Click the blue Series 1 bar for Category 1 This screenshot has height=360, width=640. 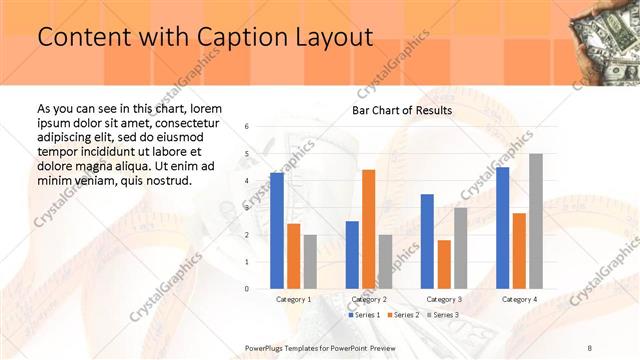click(x=277, y=231)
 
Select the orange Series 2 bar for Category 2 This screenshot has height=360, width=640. click(x=368, y=229)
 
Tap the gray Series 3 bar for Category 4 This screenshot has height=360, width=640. click(x=536, y=221)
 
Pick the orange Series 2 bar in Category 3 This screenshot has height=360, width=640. click(x=444, y=264)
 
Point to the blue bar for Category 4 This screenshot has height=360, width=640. click(x=502, y=228)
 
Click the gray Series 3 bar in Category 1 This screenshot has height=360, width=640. click(x=310, y=262)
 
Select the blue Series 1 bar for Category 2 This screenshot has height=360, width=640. click(x=352, y=255)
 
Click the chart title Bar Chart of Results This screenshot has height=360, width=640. click(x=402, y=110)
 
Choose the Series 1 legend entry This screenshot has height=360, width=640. click(x=364, y=315)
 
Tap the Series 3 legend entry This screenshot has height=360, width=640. click(x=441, y=315)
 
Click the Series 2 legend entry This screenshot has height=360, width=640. click(x=403, y=315)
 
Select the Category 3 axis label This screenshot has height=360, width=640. click(x=444, y=299)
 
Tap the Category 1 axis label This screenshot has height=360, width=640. click(x=293, y=299)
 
